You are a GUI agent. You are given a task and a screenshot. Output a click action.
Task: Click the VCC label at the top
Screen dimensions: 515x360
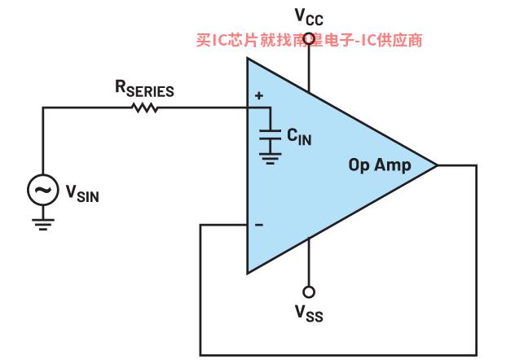pos(309,16)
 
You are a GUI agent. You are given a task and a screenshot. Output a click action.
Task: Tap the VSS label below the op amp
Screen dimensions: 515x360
pos(309,313)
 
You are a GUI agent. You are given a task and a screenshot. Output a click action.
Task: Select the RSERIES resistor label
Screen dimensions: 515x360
pos(144,89)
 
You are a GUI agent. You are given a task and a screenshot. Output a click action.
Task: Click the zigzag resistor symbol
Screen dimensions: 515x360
pos(144,108)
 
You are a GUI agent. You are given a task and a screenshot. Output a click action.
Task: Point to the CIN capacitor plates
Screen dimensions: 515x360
pos(270,135)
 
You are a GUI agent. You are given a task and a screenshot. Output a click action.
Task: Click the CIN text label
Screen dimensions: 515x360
pos(299,137)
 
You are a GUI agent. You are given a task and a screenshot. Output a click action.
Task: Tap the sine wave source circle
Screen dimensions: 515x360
pos(42,190)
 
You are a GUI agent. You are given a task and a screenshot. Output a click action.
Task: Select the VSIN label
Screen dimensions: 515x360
pos(82,194)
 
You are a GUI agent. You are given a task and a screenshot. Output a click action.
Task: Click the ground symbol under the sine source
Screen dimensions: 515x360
pos(42,225)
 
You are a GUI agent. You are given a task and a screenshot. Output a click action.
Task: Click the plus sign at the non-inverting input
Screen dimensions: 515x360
pos(259,96)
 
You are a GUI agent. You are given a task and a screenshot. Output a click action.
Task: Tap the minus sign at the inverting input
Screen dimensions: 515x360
pos(259,225)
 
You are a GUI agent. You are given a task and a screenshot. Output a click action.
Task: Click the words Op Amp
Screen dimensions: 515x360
pos(380,165)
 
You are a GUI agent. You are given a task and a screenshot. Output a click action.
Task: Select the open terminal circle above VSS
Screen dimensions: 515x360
pos(309,292)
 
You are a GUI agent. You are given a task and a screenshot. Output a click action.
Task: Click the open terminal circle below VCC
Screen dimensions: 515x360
pos(309,39)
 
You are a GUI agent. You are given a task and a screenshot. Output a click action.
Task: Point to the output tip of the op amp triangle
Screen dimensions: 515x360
pos(438,165)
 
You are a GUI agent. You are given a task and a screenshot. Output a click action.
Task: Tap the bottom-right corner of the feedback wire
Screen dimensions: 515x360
pos(476,355)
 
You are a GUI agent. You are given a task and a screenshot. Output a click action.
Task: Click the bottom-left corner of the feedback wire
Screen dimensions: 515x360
pos(200,355)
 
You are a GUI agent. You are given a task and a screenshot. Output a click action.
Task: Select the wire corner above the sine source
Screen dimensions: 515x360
pos(42,108)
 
